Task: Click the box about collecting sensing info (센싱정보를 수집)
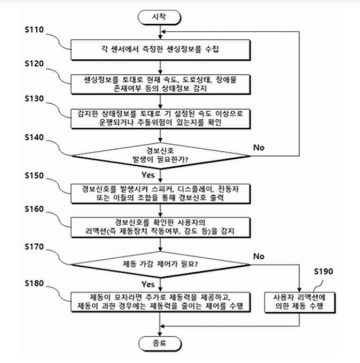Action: click(161, 51)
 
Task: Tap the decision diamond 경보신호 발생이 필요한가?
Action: click(161, 155)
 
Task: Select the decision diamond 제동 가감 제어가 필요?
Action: click(161, 263)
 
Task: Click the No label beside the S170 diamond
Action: click(259, 256)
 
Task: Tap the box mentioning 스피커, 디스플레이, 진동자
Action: click(161, 192)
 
